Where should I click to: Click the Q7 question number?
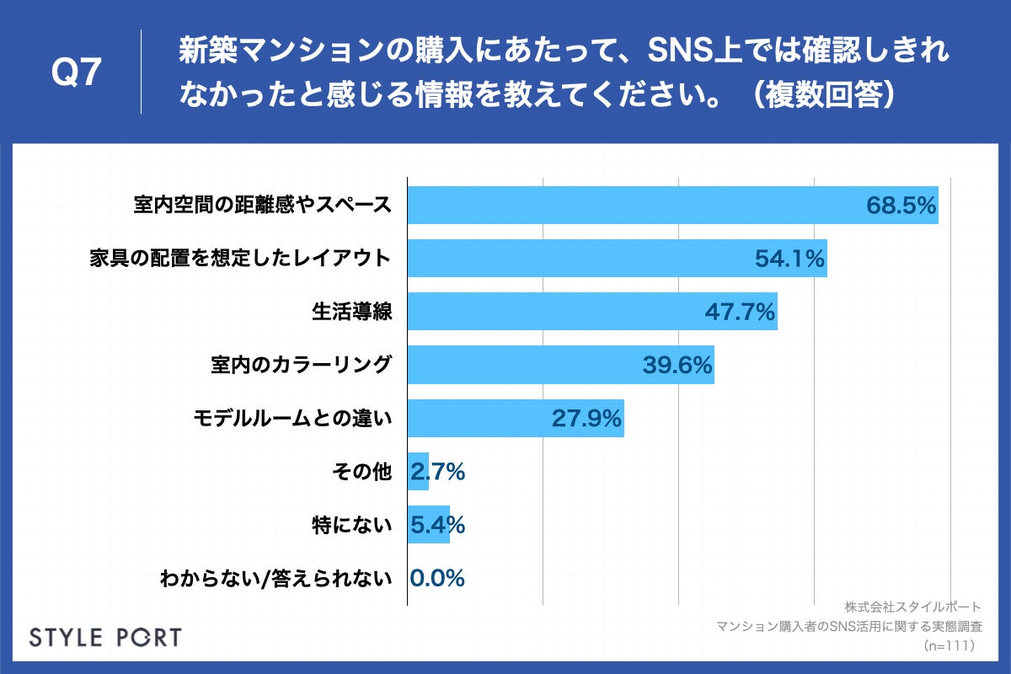(x=77, y=74)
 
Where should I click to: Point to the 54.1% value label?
(x=789, y=259)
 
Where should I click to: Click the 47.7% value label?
(x=739, y=313)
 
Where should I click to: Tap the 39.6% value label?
(x=677, y=366)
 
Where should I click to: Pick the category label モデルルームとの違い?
(x=292, y=419)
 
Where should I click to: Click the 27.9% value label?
(x=586, y=419)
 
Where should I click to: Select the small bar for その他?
(x=418, y=472)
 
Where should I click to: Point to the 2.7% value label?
(x=438, y=473)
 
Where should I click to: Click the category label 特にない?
(x=351, y=526)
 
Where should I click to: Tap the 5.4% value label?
(x=438, y=526)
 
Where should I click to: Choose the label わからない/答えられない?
(x=275, y=579)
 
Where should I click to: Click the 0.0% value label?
(x=438, y=579)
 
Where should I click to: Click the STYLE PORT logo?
(x=105, y=637)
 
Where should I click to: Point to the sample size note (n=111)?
(x=948, y=645)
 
